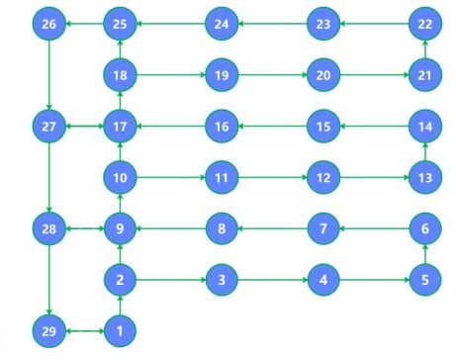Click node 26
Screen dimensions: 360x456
click(49, 23)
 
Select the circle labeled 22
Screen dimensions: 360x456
click(425, 23)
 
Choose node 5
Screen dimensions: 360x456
click(425, 280)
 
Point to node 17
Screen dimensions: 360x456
click(120, 127)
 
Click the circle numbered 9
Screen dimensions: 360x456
click(120, 229)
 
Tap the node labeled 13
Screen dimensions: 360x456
click(425, 178)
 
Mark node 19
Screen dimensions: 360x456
click(222, 74)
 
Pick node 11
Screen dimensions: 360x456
click(222, 178)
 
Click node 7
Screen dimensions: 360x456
click(323, 229)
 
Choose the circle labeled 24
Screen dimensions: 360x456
click(222, 23)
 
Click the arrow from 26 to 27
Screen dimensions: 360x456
click(49, 74)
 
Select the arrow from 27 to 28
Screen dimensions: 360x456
click(49, 178)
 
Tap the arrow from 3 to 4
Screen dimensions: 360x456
click(272, 280)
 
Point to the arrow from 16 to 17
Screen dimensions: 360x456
click(170, 127)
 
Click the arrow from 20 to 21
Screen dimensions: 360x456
click(374, 74)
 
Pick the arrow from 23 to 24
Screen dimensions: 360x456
click(272, 23)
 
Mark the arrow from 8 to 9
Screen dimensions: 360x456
click(170, 229)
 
